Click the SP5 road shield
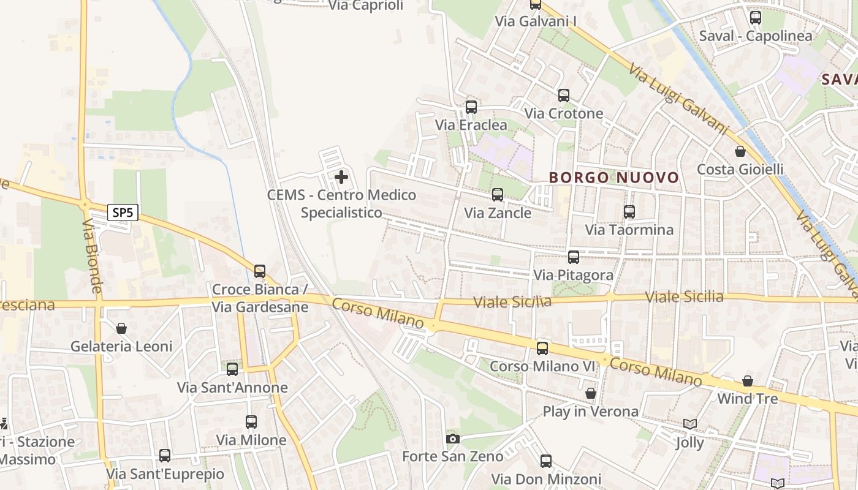[123, 213]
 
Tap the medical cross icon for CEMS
[341, 178]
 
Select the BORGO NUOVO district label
[614, 178]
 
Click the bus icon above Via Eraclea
[471, 107]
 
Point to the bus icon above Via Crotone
[564, 96]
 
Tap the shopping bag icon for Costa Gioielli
[740, 151]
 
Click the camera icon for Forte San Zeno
[453, 439]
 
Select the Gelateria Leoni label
[121, 346]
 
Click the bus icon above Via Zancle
[498, 195]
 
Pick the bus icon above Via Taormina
[629, 212]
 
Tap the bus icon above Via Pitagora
[574, 257]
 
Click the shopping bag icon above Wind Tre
[748, 381]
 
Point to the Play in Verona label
[591, 411]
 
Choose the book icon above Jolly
[690, 424]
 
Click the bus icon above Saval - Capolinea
[756, 18]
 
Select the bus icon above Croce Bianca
[260, 271]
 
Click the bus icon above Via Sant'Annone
[232, 369]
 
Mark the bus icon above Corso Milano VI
[542, 349]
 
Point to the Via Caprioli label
[366, 6]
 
